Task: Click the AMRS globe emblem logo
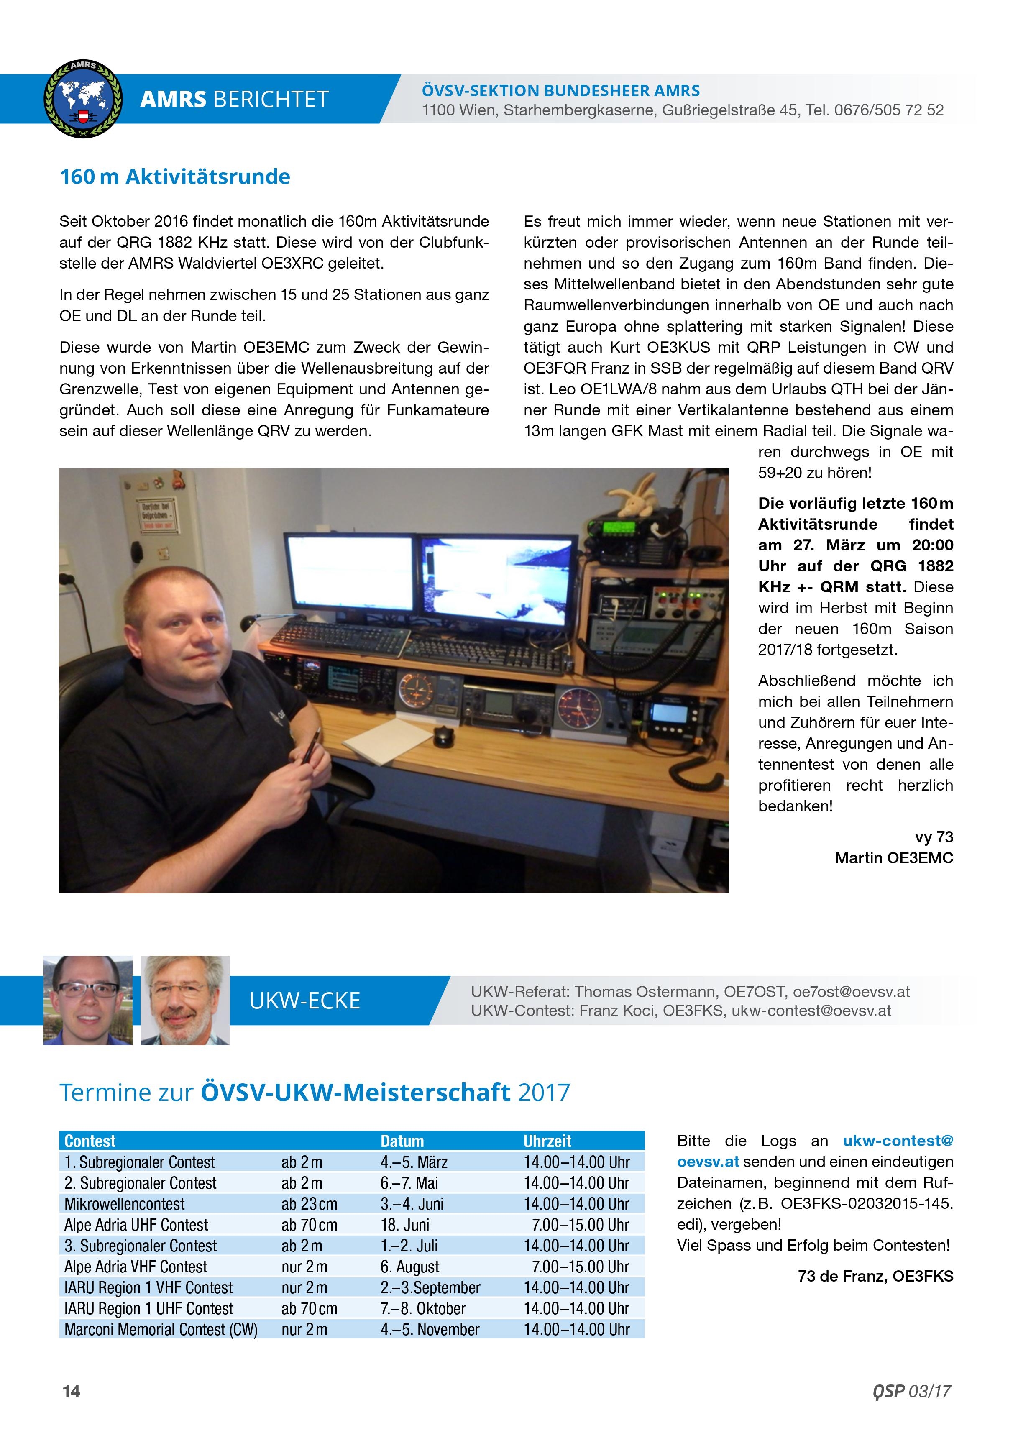[83, 99]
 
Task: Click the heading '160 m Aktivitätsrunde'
[175, 177]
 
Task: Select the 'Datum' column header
[402, 1141]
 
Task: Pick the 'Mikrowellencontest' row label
[124, 1204]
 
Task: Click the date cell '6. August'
[409, 1267]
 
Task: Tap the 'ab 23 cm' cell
[309, 1204]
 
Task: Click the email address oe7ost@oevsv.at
[851, 992]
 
